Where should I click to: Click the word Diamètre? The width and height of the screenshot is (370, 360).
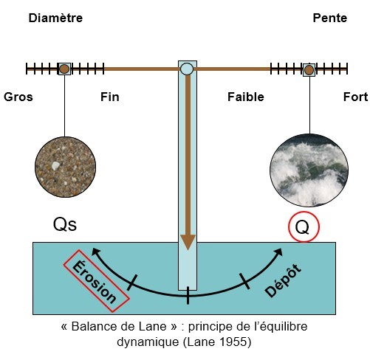[55, 18]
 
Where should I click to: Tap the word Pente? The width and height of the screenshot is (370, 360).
[330, 18]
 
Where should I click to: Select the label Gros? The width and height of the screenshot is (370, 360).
[18, 97]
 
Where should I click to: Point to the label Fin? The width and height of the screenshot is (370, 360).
[110, 97]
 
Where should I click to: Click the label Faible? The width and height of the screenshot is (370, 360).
[246, 97]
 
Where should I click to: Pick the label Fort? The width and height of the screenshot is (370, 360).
[355, 97]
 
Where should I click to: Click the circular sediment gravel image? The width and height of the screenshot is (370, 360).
[65, 167]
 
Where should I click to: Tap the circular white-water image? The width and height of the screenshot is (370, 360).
[309, 170]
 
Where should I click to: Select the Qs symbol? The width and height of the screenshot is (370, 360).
[65, 224]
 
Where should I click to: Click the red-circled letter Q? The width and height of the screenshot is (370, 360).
[304, 226]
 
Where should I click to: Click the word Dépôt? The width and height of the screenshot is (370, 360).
[283, 280]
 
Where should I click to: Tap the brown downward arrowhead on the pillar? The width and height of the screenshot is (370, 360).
[188, 242]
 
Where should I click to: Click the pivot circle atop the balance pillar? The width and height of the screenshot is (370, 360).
[187, 69]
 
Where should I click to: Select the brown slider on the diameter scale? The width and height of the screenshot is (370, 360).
[64, 69]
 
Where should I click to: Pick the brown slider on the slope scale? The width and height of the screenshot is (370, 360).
[309, 70]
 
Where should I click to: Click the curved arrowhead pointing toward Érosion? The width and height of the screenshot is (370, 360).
[95, 252]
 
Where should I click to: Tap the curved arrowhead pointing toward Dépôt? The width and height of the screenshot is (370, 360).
[278, 252]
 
